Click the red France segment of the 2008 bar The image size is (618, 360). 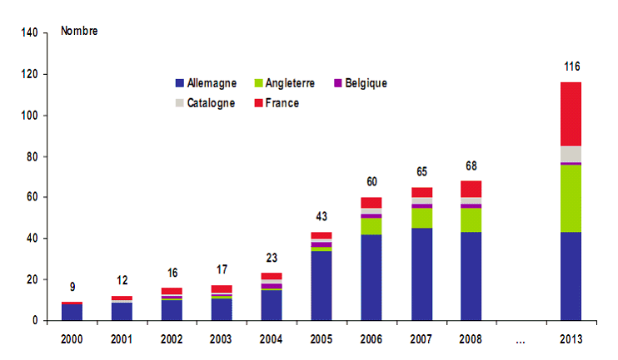pos(471,189)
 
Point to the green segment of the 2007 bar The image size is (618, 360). pos(421,218)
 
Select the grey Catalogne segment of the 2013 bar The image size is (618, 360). pos(571,154)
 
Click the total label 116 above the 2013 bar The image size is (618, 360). pos(571,67)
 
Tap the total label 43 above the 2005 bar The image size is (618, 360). pos(321,217)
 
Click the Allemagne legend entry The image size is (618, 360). pos(206,83)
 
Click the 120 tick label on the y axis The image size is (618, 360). pos(29,74)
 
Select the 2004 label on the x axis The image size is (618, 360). pos(272,339)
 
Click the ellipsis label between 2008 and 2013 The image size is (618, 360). pos(521,339)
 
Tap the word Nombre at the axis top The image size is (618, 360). pos(80,32)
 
